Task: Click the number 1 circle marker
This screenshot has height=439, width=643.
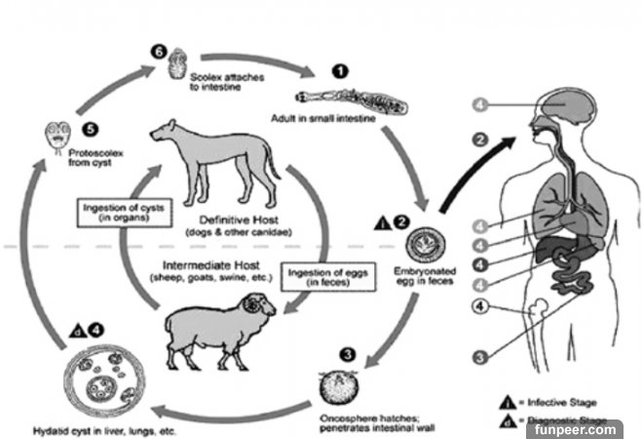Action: [339, 70]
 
